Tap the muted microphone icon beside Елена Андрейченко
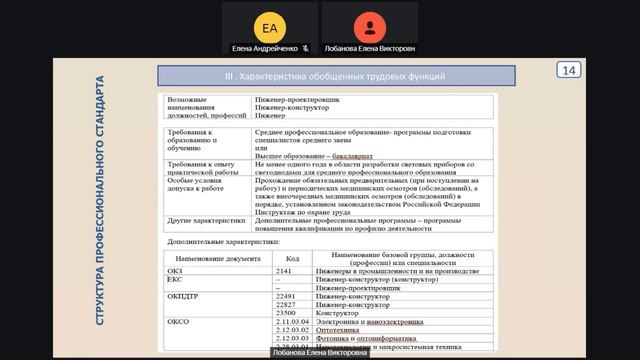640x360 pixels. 305,47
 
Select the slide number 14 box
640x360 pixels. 569,70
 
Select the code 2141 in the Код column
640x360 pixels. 284,269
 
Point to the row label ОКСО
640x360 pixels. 177,324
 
